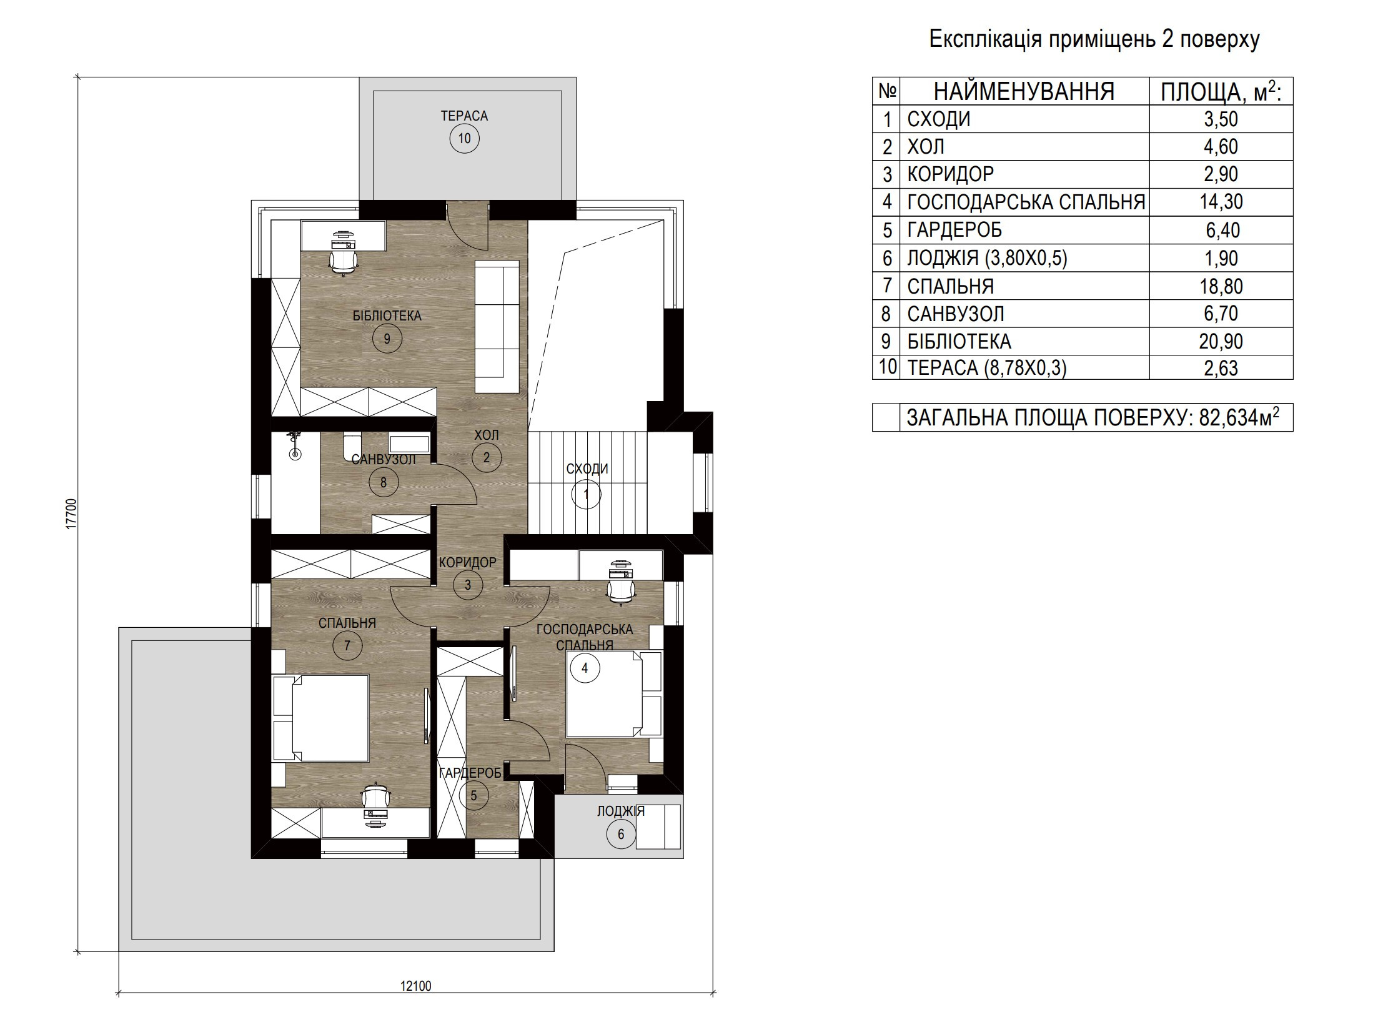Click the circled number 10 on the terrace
[464, 138]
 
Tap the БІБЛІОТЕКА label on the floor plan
[387, 315]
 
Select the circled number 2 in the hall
[486, 457]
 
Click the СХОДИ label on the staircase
[587, 469]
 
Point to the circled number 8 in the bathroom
[383, 482]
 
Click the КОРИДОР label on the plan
[467, 562]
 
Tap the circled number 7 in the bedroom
[347, 645]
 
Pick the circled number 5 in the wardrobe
[473, 796]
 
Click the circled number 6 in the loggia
[620, 835]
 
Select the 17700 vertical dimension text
[71, 514]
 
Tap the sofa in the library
[497, 327]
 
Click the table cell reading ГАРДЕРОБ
[954, 230]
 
